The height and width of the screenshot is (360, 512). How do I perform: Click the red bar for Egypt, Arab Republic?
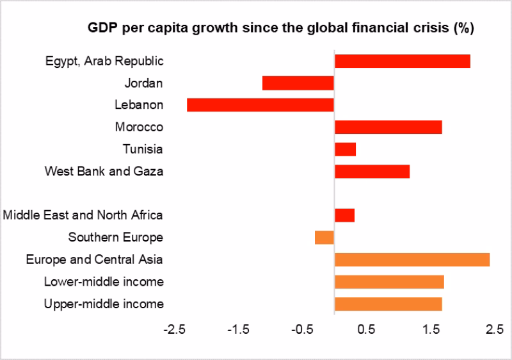tap(402, 61)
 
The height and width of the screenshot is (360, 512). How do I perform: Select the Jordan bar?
tap(298, 83)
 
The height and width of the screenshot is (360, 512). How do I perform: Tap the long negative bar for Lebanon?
tap(260, 105)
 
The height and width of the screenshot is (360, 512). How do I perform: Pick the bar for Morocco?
tap(388, 127)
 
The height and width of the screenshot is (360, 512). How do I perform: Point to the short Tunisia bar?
tap(345, 149)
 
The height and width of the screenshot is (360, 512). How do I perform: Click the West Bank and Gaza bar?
tap(372, 171)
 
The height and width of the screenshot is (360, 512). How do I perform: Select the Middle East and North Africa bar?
tap(344, 215)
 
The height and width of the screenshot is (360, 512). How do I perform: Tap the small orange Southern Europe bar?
tap(324, 237)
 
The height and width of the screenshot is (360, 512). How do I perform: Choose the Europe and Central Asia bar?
tap(412, 259)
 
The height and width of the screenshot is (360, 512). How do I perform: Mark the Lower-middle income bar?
tap(388, 282)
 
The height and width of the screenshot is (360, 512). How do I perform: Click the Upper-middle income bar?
tap(388, 304)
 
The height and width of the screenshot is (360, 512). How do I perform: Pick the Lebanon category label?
tap(139, 105)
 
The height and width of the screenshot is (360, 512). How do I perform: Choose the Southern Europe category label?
tap(115, 238)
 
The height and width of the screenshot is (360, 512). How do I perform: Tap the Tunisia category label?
tap(142, 149)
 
